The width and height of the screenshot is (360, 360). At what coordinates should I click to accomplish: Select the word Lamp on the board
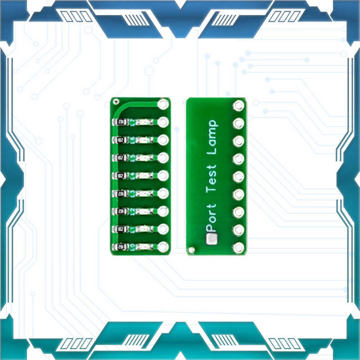[211, 137]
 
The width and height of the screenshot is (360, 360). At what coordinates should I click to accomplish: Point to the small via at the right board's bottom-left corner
[192, 249]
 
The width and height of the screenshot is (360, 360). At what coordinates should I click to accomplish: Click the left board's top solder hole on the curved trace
[163, 104]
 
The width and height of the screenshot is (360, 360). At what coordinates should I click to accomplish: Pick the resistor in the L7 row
[120, 122]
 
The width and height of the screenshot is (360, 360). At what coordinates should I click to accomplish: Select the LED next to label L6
[144, 140]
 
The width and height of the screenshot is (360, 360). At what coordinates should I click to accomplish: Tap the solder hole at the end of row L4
[163, 175]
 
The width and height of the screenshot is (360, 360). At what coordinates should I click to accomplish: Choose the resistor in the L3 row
[120, 193]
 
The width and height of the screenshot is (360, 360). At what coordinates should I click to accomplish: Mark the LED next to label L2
[144, 211]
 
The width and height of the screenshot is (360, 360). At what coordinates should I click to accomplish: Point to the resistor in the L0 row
[120, 247]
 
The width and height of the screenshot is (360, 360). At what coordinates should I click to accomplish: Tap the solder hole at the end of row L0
[163, 247]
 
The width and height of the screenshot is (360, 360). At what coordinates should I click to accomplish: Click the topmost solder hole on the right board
[238, 106]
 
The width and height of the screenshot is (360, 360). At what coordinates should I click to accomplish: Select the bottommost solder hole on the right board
[238, 247]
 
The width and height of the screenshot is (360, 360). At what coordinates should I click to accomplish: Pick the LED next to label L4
[144, 175]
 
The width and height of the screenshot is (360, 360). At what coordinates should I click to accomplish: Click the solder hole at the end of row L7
[163, 122]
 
